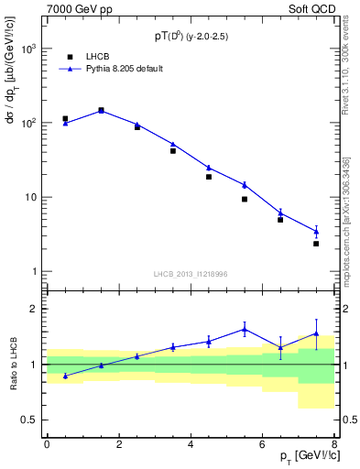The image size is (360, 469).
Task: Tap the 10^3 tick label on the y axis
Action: pos(28,49)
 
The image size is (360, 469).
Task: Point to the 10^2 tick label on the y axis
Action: pos(28,123)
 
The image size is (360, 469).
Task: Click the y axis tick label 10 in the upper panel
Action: pos(30,197)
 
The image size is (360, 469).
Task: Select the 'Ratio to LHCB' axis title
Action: pos(13,364)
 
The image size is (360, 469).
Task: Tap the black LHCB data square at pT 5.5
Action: pos(245,199)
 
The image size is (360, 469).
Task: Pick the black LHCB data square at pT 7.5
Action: pos(316,244)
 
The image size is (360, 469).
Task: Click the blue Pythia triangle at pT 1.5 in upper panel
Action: pos(101,110)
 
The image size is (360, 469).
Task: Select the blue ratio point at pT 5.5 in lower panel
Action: pos(245,330)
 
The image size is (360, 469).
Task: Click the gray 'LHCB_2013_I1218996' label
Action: pos(191,273)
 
